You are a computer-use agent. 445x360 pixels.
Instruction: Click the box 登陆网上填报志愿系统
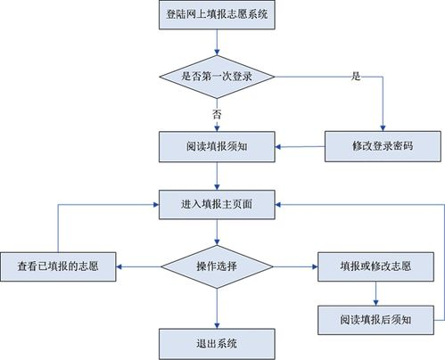coord(216,15)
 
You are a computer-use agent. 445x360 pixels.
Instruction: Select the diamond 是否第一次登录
coord(216,76)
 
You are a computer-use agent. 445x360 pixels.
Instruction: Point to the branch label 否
coord(217,114)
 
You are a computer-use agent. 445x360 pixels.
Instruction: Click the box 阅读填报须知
coord(216,145)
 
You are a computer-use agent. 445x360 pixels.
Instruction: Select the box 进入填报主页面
coord(216,205)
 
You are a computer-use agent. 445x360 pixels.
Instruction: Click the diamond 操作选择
coord(216,265)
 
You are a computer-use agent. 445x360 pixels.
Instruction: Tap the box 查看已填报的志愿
coord(59,265)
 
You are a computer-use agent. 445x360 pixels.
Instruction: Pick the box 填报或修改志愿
coord(375,265)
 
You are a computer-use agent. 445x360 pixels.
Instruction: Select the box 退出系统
coord(216,342)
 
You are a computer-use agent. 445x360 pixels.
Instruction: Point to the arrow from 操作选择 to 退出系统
coord(216,307)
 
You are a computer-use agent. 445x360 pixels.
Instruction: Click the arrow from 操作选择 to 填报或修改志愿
coord(294,265)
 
